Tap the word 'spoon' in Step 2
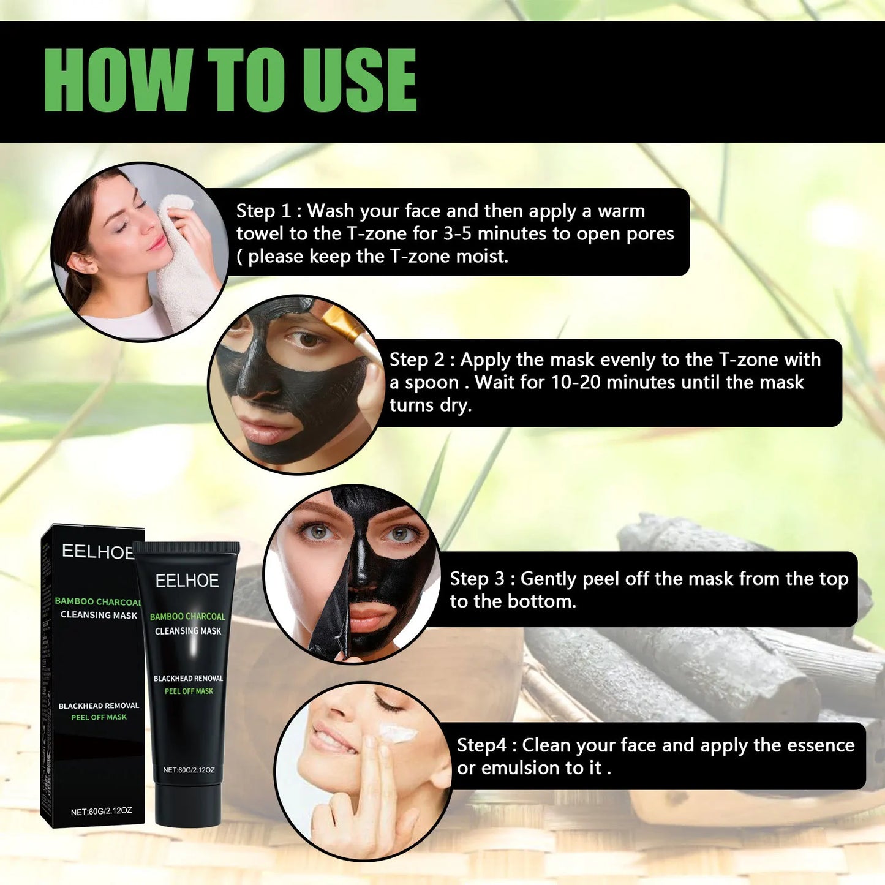pyautogui.click(x=432, y=383)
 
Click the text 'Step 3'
pyautogui.click(x=477, y=579)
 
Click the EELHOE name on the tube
pyautogui.click(x=187, y=581)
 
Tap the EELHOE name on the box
pyautogui.click(x=97, y=552)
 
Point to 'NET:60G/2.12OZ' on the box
pyautogui.click(x=101, y=812)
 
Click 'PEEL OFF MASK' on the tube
pyautogui.click(x=189, y=691)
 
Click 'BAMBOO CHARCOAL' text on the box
pyautogui.click(x=98, y=601)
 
